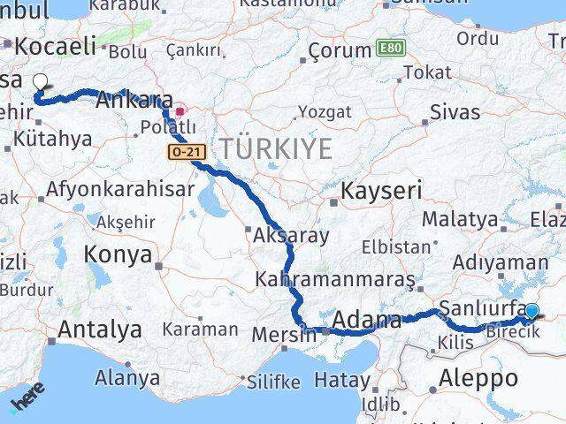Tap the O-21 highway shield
181,153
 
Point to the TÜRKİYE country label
276,148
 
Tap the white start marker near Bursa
41,83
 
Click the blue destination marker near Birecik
532,311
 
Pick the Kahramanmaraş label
334,279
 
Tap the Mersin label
283,335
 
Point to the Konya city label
117,255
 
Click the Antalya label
99,330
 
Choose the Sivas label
455,112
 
